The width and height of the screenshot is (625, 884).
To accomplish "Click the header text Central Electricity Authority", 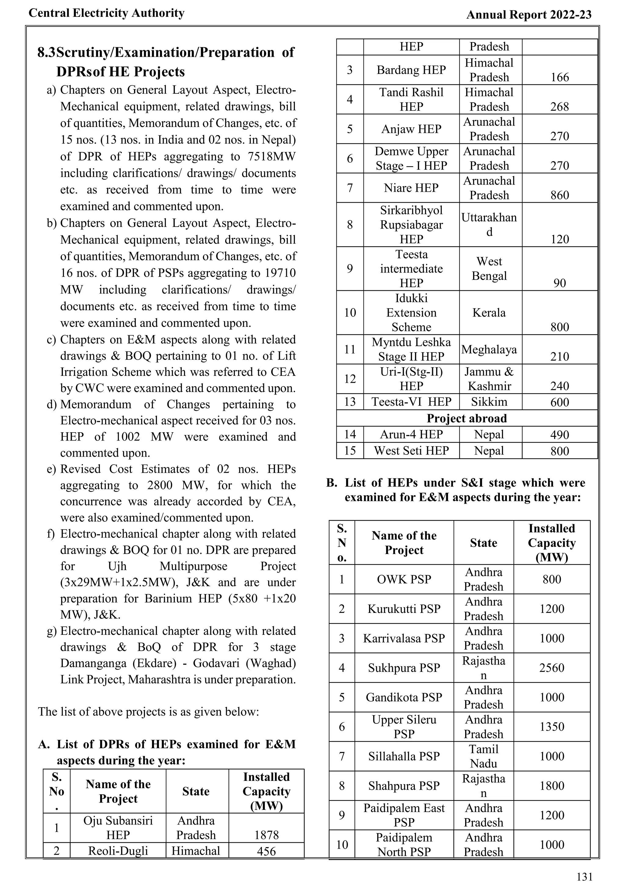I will click(x=107, y=13).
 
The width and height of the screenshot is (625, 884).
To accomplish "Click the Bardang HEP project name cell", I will click(x=411, y=70).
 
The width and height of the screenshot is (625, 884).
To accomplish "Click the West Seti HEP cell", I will click(x=411, y=451).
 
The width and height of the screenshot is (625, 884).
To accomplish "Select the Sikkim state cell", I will click(x=489, y=402).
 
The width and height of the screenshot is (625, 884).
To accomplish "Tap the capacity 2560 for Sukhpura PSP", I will click(x=551, y=668).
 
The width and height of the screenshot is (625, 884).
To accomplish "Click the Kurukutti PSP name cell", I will click(x=404, y=609).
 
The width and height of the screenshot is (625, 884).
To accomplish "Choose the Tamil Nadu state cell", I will click(x=483, y=756).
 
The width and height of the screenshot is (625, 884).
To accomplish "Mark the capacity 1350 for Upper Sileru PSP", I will click(x=551, y=726).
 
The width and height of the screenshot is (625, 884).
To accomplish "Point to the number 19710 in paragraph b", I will click(x=280, y=273).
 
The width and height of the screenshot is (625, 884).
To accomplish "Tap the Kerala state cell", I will click(x=489, y=313).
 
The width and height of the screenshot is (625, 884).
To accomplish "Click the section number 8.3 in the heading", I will click(x=46, y=53).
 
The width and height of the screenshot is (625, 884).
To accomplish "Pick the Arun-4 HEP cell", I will click(x=411, y=434).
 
